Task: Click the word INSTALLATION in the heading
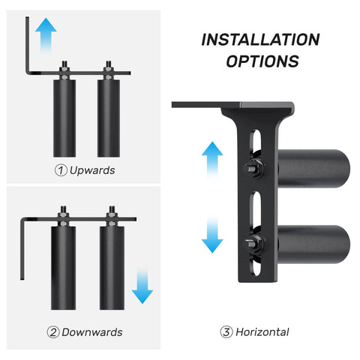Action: pos(260,40)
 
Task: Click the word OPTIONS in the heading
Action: pos(260,61)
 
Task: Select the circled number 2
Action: pos(53,331)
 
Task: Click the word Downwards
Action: pos(93,331)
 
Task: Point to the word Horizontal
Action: pos(262,331)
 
